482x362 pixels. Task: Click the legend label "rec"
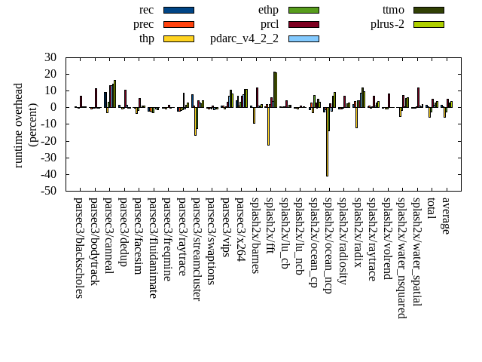point(147,10)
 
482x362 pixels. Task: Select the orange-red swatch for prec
point(178,24)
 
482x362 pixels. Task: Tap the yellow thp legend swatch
point(178,38)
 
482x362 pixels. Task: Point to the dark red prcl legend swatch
point(304,24)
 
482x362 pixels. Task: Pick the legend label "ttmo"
point(393,10)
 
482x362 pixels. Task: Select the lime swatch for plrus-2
point(429,24)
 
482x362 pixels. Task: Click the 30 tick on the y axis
point(51,57)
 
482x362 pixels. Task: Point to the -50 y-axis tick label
point(49,192)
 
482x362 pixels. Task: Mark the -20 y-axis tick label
point(49,141)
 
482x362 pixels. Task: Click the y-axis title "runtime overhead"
point(20,124)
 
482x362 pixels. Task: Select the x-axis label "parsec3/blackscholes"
point(79,247)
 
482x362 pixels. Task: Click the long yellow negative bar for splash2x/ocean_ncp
point(327,143)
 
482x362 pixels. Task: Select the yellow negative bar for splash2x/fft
point(268,126)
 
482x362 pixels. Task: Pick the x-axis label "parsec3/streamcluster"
point(197,249)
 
